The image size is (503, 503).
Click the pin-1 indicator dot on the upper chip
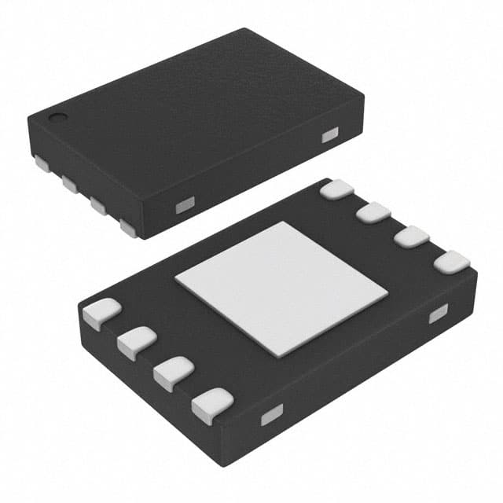pyautogui.click(x=57, y=119)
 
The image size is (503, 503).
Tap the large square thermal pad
pyautogui.click(x=281, y=288)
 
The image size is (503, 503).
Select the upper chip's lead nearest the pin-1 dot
pyautogui.click(x=41, y=164)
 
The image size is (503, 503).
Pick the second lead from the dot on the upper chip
pyautogui.click(x=70, y=185)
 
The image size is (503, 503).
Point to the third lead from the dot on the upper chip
pyautogui.click(x=99, y=206)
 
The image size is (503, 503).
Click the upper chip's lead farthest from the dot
pyautogui.click(x=128, y=228)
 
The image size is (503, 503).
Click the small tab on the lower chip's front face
pyautogui.click(x=271, y=414)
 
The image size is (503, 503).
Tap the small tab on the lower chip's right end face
pyautogui.click(x=438, y=314)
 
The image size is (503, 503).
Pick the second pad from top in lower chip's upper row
pyautogui.click(x=373, y=212)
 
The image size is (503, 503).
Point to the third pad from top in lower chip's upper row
pyautogui.click(x=411, y=236)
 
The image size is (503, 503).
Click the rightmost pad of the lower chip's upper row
pyautogui.click(x=451, y=262)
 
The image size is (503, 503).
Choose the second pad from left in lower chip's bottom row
pyautogui.click(x=135, y=343)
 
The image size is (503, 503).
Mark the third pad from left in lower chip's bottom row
pyautogui.click(x=173, y=373)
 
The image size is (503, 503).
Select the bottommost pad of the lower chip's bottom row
pyautogui.click(x=211, y=406)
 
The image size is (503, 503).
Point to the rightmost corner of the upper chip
pyautogui.click(x=364, y=100)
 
